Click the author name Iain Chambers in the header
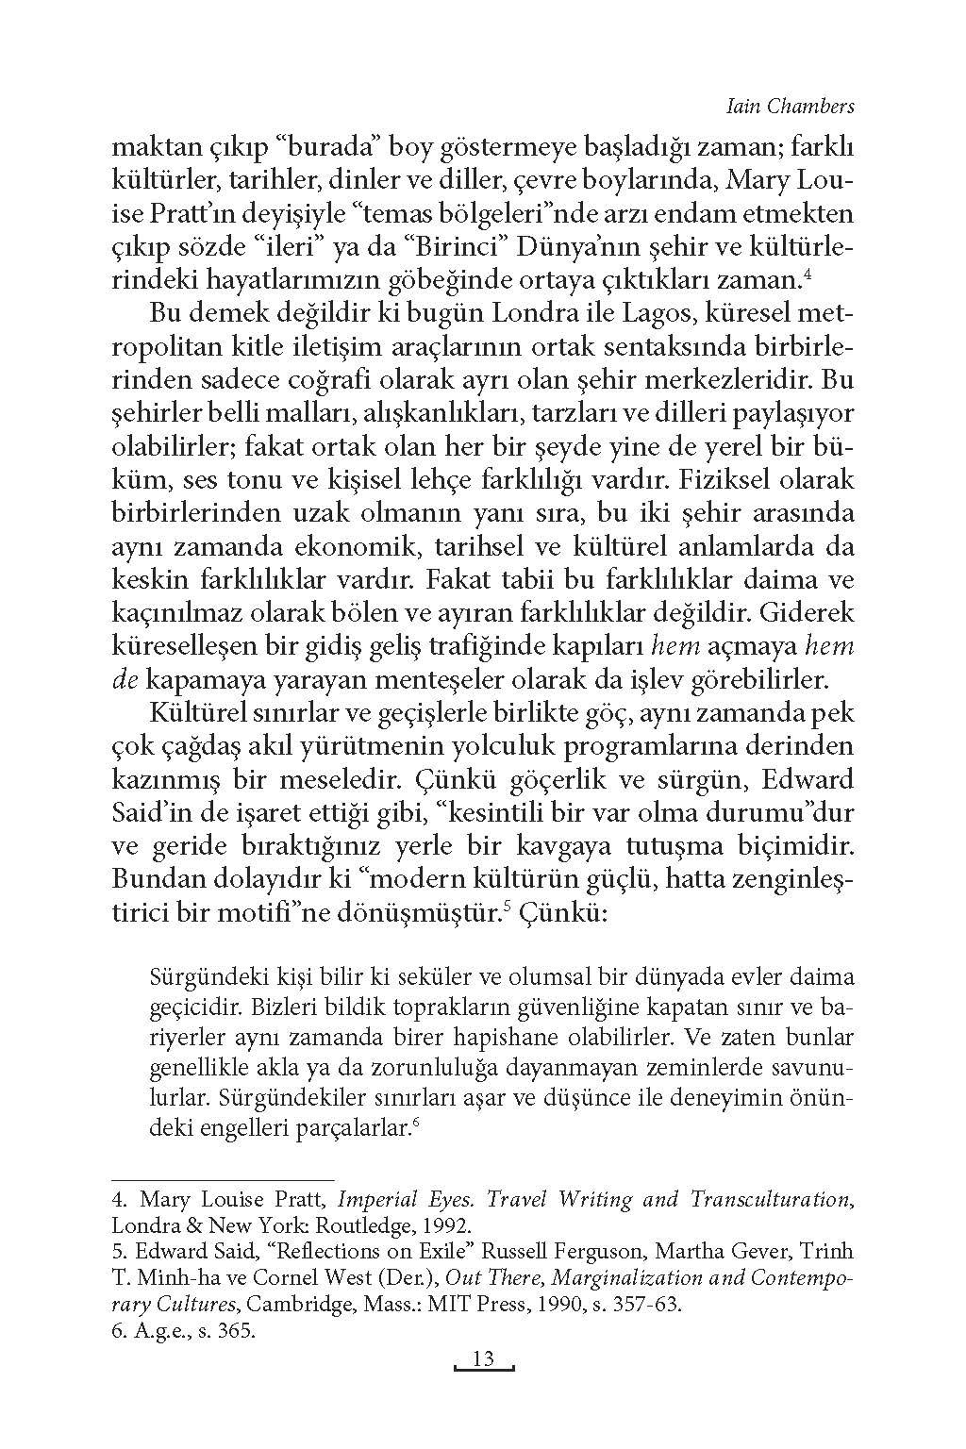pyautogui.click(x=791, y=106)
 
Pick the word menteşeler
pyautogui.click(x=427, y=678)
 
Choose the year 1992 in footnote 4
pyautogui.click(x=446, y=1225)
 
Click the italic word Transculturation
pyautogui.click(x=771, y=1199)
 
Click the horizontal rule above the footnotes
pyautogui.click(x=223, y=1179)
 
